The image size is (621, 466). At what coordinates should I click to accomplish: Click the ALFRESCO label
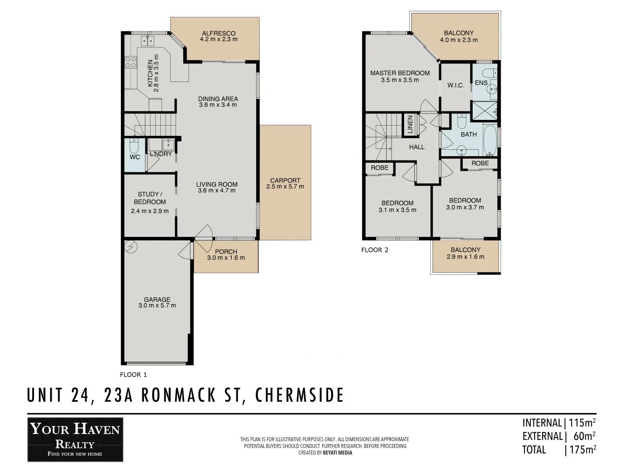pyautogui.click(x=219, y=33)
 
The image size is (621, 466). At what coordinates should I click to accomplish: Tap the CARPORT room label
pyautogui.click(x=285, y=180)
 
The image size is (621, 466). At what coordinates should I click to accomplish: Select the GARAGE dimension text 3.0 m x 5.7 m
pyautogui.click(x=157, y=305)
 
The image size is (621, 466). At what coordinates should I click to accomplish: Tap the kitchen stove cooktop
pyautogui.click(x=131, y=62)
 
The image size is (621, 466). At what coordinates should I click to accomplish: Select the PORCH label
pyautogui.click(x=226, y=252)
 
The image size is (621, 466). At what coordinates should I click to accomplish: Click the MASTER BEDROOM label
pyautogui.click(x=400, y=73)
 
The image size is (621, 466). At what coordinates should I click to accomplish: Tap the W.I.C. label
pyautogui.click(x=455, y=85)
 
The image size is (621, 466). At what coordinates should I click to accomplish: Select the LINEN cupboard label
pyautogui.click(x=410, y=124)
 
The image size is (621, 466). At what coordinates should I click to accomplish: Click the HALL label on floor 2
pyautogui.click(x=417, y=147)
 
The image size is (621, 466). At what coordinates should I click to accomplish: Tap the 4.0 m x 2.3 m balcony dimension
pyautogui.click(x=458, y=40)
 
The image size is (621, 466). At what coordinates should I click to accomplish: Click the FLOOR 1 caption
pyautogui.click(x=133, y=375)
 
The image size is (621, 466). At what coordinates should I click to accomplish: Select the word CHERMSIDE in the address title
pyautogui.click(x=300, y=395)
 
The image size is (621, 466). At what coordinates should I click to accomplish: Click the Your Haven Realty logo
pyautogui.click(x=75, y=439)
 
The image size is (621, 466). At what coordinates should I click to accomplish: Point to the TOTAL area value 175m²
pyautogui.click(x=583, y=450)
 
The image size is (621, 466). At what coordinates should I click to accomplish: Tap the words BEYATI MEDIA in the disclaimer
pyautogui.click(x=337, y=453)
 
